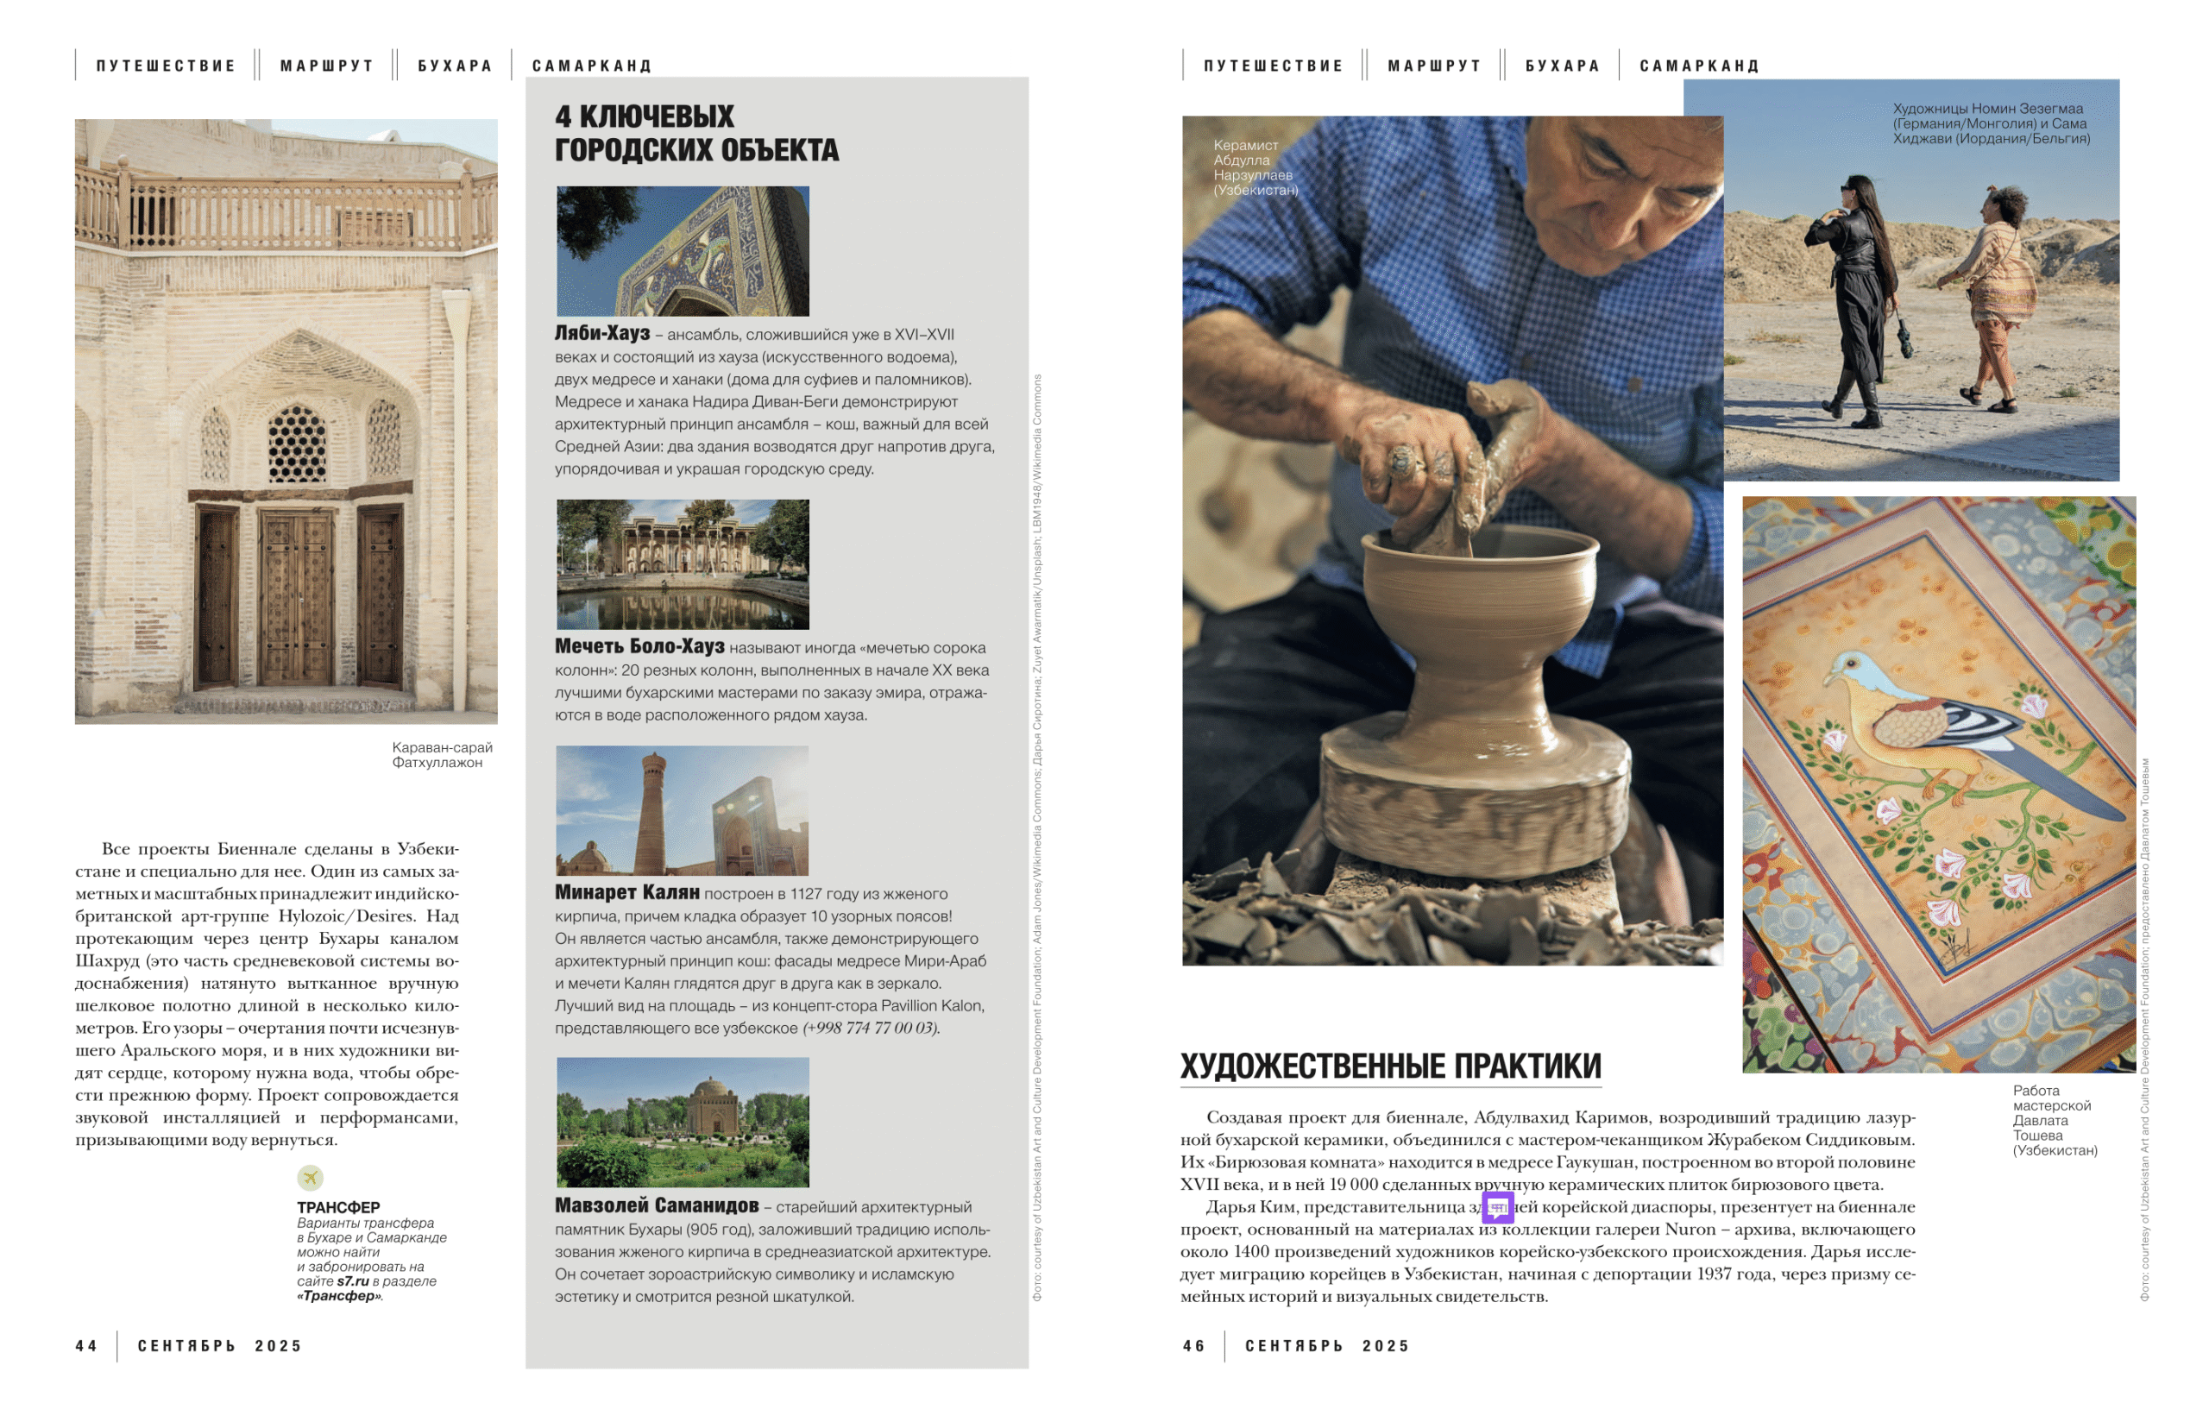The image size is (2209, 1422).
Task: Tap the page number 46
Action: coord(1193,1345)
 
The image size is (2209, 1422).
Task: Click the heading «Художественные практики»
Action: coord(1390,1066)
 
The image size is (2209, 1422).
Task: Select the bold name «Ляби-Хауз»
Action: coord(602,333)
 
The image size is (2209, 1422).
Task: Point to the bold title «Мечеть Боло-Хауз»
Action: coord(639,646)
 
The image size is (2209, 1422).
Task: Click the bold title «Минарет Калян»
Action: coord(626,892)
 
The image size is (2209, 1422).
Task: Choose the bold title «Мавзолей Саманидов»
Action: coord(657,1205)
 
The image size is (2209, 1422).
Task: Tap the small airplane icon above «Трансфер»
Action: coord(310,1177)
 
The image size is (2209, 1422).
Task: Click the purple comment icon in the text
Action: coord(1497,1206)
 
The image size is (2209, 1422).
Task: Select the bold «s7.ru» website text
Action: coord(353,1280)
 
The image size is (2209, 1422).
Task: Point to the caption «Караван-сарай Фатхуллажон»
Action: coord(441,754)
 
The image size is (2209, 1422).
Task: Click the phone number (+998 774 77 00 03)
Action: coord(871,1028)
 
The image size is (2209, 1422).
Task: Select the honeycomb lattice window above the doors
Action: coord(297,444)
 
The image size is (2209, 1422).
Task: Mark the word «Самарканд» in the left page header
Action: coord(592,66)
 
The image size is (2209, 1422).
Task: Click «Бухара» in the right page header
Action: coord(1562,66)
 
